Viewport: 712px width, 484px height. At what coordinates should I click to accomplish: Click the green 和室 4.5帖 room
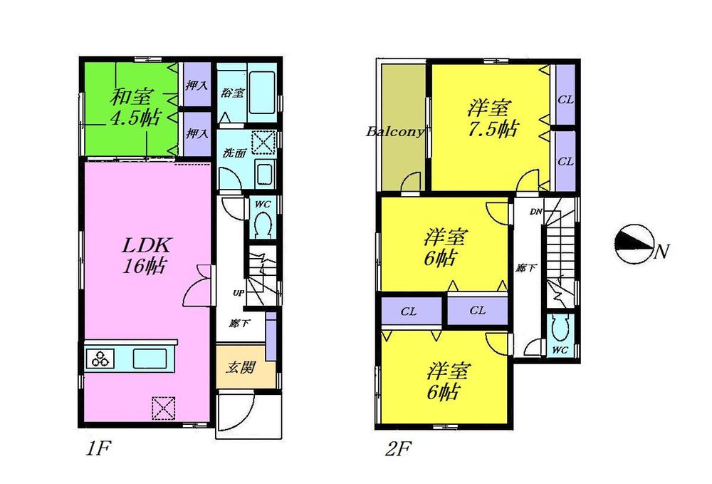coord(128,107)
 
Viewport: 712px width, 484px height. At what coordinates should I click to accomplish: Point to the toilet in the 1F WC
coord(261,227)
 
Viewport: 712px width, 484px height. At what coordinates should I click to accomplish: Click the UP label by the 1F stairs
coord(237,293)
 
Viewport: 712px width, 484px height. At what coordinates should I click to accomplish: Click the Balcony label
coord(396,132)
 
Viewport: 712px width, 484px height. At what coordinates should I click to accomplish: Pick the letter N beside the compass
coord(662,251)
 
